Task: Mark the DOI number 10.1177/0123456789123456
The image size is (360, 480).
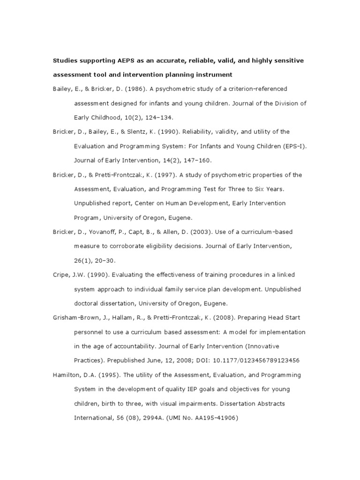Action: pos(254,360)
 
